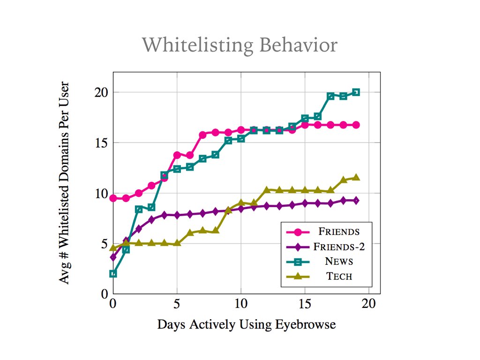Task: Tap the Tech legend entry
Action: [339, 276]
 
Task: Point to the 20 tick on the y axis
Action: [101, 92]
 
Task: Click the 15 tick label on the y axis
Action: [101, 142]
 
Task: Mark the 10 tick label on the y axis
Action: [101, 193]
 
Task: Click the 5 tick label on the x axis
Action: [177, 303]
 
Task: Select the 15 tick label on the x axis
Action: [305, 303]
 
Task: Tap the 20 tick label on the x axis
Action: [369, 303]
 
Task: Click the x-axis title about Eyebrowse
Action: [246, 324]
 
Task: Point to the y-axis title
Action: [65, 183]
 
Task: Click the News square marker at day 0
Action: [113, 274]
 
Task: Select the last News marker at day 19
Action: [356, 92]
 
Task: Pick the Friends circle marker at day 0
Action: [113, 198]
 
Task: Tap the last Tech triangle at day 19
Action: [356, 177]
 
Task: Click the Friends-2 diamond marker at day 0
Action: [113, 257]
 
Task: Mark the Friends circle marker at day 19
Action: [356, 125]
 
